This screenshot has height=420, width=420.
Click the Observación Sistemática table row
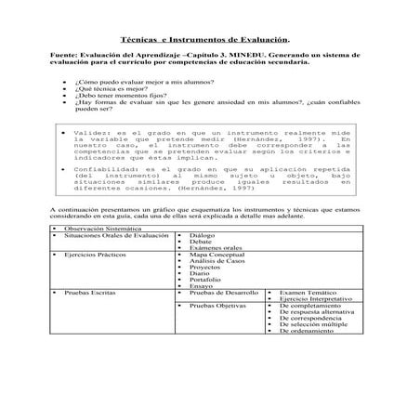[x=103, y=228]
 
